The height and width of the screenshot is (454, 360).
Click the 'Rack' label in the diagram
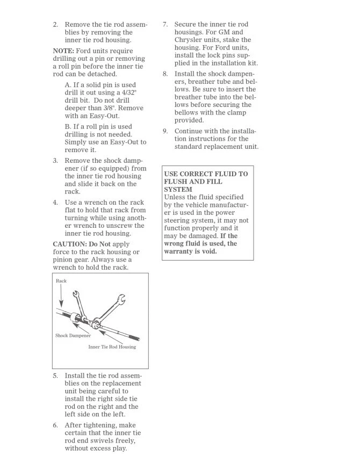61,281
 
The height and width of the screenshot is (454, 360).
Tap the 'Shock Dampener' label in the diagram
73,336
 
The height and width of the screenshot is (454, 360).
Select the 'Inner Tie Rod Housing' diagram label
112,347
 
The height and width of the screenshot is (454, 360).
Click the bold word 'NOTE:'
63,51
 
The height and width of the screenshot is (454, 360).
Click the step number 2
55,25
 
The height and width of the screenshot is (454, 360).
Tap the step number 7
165,25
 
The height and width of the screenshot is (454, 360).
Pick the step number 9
165,131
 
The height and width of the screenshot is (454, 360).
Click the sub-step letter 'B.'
68,127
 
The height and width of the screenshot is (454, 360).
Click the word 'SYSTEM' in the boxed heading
178,190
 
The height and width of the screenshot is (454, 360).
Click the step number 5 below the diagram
55,376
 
